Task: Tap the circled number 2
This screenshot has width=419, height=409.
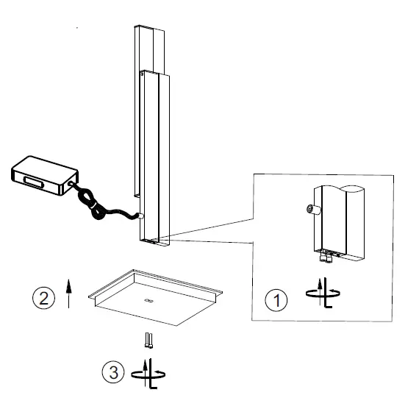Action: (42, 298)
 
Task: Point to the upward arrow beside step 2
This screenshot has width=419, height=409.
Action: (68, 292)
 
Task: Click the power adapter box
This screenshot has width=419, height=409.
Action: (43, 174)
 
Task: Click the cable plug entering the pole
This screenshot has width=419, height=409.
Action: (140, 216)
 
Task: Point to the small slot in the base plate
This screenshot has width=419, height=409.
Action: (148, 301)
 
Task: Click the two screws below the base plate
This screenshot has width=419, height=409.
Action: (149, 340)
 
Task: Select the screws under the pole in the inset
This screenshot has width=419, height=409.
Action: (326, 257)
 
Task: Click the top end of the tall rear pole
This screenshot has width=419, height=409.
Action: (146, 28)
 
